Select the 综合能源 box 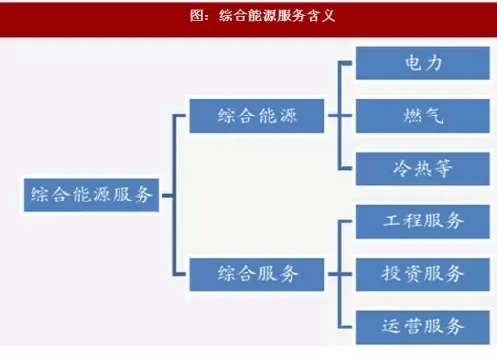[258, 116]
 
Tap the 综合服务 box [258, 273]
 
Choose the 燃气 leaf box [410, 117]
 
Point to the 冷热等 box [410, 169]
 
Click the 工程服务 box [410, 221]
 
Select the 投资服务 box [410, 273]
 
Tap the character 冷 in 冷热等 [379, 169]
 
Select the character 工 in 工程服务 [368, 221]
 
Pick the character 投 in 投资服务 [368, 273]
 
